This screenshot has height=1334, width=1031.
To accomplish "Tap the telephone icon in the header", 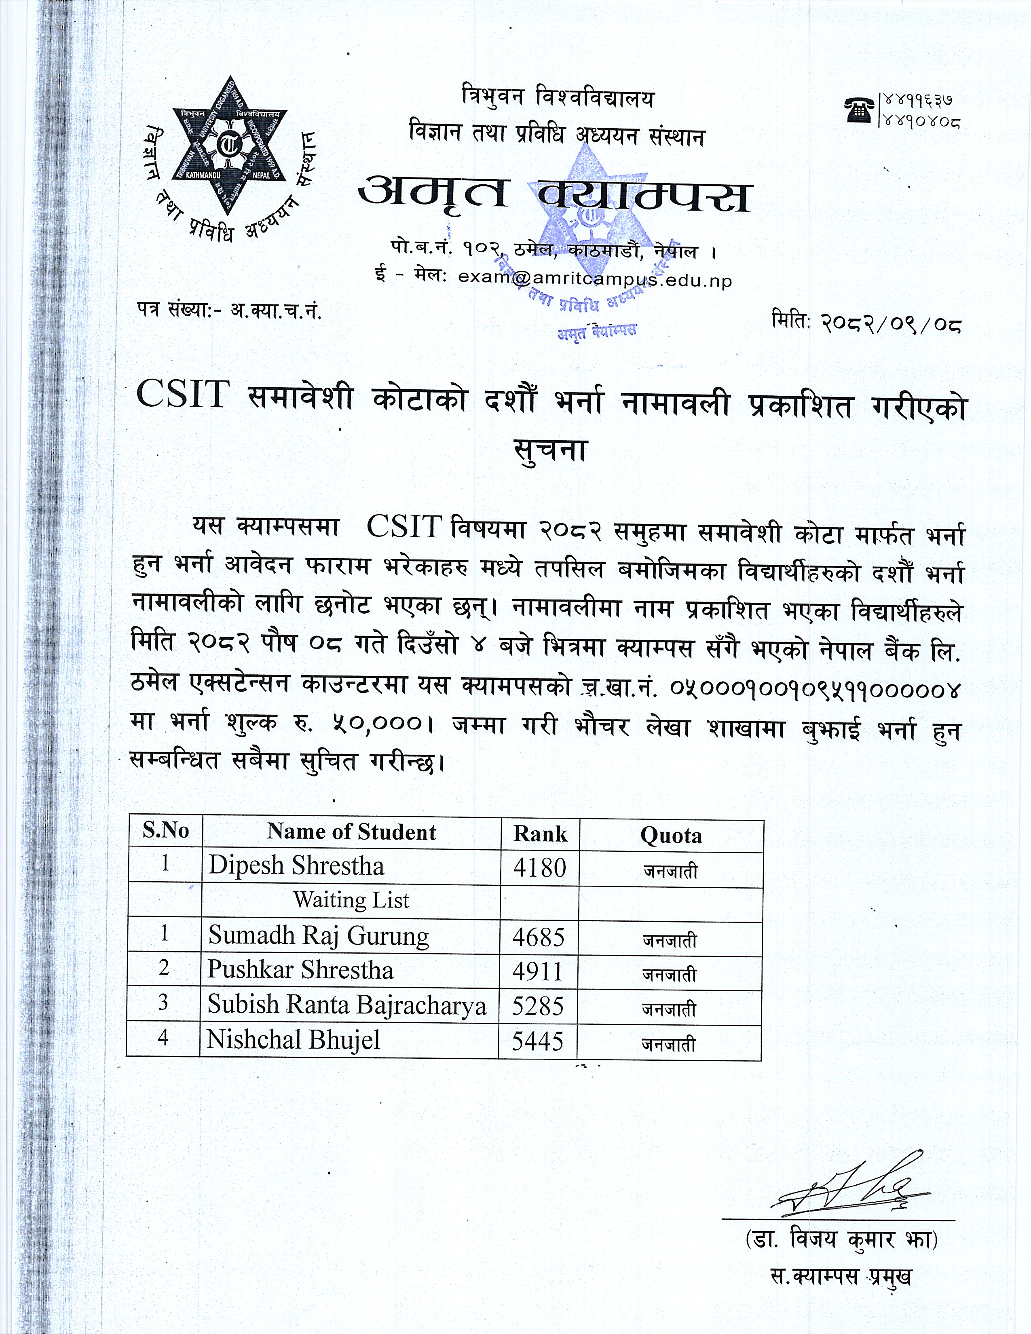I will (x=860, y=110).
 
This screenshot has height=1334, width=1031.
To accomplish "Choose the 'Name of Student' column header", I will (x=351, y=832).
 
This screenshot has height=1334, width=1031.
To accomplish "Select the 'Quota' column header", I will (x=671, y=836).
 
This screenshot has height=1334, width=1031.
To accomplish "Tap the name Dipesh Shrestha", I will (x=296, y=866).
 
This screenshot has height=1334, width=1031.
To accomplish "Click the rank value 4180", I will (x=539, y=868).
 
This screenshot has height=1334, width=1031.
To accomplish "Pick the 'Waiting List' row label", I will (x=351, y=900).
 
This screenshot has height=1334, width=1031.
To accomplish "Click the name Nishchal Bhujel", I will (x=293, y=1040).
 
